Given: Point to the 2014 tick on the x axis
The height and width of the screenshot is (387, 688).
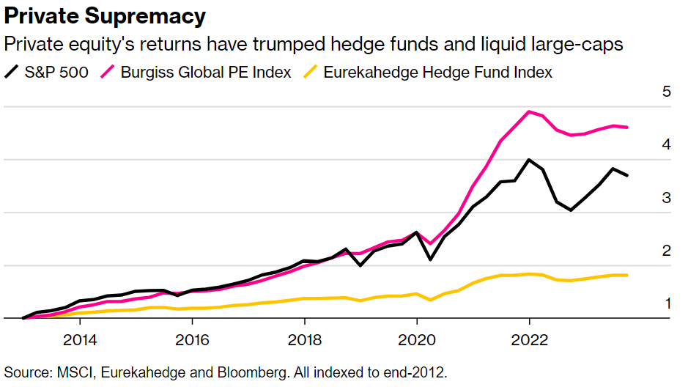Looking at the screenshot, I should (79, 340).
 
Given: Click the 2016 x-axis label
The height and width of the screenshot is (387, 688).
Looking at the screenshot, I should (191, 340).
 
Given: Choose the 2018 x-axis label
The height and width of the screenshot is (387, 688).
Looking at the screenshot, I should (304, 340).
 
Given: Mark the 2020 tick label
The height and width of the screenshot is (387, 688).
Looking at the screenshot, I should (416, 340).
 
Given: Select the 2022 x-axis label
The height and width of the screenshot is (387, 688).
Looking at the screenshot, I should (529, 340).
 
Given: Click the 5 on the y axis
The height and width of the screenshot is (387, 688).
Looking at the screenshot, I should (667, 92).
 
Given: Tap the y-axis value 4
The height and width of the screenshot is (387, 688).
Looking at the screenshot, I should (667, 145).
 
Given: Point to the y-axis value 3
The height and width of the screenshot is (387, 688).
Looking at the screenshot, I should (667, 198).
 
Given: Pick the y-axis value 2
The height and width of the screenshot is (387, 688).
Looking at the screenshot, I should (667, 251).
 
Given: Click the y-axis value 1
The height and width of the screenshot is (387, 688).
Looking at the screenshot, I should (667, 303).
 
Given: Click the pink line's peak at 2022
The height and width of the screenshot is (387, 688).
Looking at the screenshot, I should (529, 111).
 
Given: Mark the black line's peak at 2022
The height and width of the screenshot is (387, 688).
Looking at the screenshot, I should (528, 159).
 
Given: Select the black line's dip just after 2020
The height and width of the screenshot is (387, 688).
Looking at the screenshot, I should (430, 259).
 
